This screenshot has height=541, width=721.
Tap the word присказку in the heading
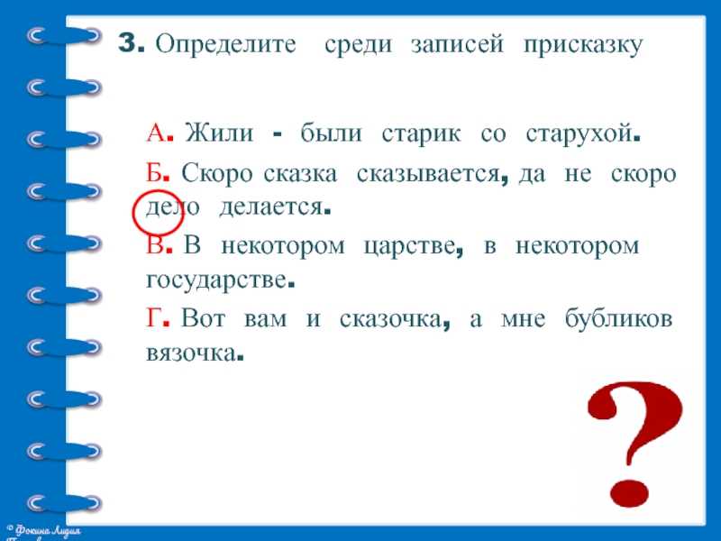point(582,46)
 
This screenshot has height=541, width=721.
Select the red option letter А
point(156,133)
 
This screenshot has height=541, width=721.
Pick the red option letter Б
point(154,173)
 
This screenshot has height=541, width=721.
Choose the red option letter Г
point(152,317)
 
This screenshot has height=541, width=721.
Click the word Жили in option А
point(219,133)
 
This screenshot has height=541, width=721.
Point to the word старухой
point(579,134)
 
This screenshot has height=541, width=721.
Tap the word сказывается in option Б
point(428,174)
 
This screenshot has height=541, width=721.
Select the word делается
point(271,207)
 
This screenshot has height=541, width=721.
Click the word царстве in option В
point(409,246)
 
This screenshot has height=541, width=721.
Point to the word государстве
point(216,280)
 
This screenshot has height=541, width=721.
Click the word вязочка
point(190,353)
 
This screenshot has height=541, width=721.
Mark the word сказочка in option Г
point(390,318)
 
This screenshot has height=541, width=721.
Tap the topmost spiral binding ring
point(63,35)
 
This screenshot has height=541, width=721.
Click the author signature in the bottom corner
point(44,533)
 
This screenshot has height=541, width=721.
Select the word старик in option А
point(421,134)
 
